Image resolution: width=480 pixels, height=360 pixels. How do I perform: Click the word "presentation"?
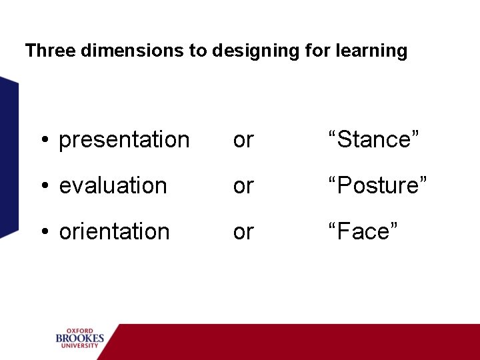click(x=124, y=140)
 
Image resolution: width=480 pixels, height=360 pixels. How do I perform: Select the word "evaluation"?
click(x=113, y=185)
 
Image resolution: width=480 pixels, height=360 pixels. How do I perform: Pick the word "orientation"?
click(x=114, y=232)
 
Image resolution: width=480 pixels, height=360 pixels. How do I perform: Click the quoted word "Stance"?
click(x=374, y=140)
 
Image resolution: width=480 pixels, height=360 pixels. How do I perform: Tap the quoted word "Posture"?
click(x=377, y=185)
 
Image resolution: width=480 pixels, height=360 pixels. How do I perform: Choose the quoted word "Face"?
click(x=363, y=232)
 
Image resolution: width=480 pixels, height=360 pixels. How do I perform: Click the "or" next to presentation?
click(x=243, y=141)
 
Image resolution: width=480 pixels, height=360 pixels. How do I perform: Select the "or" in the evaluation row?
click(x=243, y=186)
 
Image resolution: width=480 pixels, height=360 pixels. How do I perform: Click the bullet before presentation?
click(x=44, y=141)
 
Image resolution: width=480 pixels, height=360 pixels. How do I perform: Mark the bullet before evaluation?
click(x=44, y=186)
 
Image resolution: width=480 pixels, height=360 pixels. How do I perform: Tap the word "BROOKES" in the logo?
click(x=80, y=339)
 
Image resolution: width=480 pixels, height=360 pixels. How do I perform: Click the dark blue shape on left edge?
click(x=8, y=157)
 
